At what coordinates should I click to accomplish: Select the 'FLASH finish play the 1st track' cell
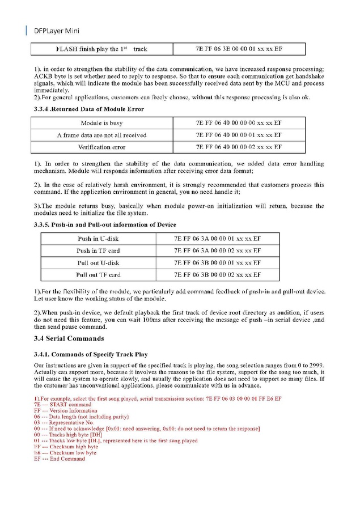pos(101,49)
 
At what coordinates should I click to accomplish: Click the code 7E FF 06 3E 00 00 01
pos(239,49)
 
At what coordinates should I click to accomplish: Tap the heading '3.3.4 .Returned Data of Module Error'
pos(89,109)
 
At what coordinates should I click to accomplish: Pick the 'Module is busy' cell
pos(101,122)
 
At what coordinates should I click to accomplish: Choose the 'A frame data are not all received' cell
pos(101,135)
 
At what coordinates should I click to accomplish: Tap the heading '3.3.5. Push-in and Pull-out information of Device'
pos(105,225)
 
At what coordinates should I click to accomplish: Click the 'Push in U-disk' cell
pos(98,239)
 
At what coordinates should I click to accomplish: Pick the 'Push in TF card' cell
pos(98,251)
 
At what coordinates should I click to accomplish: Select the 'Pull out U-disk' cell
pos(98,263)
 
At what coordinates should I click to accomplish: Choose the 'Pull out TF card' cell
pos(98,275)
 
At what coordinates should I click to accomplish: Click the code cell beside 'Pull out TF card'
pos(218,275)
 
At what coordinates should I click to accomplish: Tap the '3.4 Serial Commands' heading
pos(69,339)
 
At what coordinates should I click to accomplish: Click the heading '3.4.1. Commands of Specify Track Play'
pos(91,354)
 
